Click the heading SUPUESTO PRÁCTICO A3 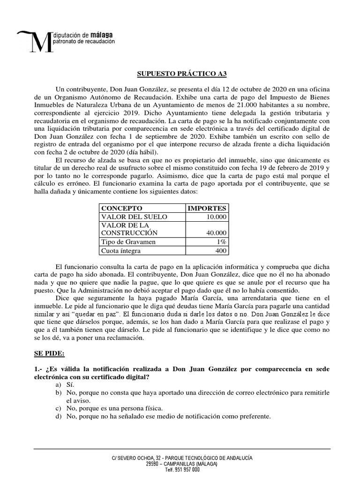[x=180, y=74]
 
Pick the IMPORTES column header [x=207, y=208]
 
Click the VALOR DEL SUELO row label [x=129, y=217]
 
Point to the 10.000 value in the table [x=216, y=217]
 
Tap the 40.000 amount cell [x=216, y=233]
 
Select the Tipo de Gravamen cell [x=127, y=242]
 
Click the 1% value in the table [x=221, y=242]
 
